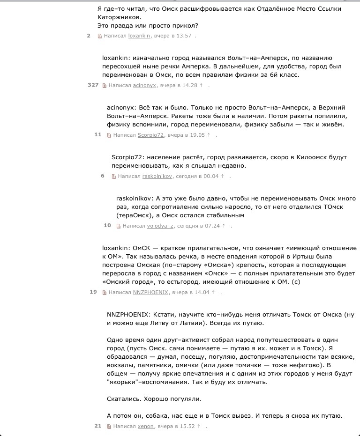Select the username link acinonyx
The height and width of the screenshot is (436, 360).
coord(144,85)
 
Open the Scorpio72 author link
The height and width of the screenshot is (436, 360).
coord(151,135)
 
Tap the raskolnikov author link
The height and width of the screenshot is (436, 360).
coord(157,177)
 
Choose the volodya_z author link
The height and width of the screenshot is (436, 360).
coord(161,226)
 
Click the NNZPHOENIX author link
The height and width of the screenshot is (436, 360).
coord(150,292)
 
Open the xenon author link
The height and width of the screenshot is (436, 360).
coord(146,427)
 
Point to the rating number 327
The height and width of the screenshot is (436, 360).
coord(93,85)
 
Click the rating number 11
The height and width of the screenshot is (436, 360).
coord(97,134)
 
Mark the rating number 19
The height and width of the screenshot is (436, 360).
coord(93,292)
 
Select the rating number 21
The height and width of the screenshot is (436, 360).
coord(97,426)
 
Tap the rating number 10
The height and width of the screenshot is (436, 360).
coord(107,225)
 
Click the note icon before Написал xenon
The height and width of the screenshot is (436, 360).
coord(109,427)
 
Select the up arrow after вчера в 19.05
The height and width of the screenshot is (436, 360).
coord(210,135)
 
